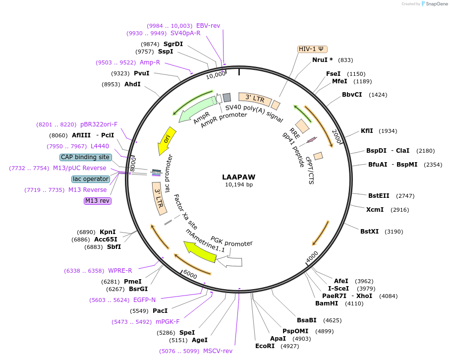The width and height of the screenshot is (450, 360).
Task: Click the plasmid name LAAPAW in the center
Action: click(238, 177)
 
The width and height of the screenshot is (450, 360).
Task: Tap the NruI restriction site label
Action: click(323, 60)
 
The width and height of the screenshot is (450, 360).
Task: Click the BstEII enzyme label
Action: click(379, 196)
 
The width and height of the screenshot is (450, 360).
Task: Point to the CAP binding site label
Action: click(85, 157)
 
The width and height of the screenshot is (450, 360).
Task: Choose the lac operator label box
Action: click(90, 179)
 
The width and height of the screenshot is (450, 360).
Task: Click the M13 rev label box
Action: click(98, 201)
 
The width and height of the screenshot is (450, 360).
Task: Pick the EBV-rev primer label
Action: click(208, 26)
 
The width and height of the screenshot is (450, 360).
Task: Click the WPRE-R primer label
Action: click(120, 271)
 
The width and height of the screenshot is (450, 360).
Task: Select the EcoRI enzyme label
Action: click(265, 346)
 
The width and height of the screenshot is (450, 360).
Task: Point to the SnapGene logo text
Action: click(437, 4)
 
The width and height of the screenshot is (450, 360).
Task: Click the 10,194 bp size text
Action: click(238, 185)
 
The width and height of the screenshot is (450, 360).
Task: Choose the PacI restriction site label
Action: click(160, 311)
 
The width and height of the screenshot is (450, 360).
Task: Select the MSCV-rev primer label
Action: click(218, 351)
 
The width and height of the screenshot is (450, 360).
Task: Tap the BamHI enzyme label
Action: click(327, 303)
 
